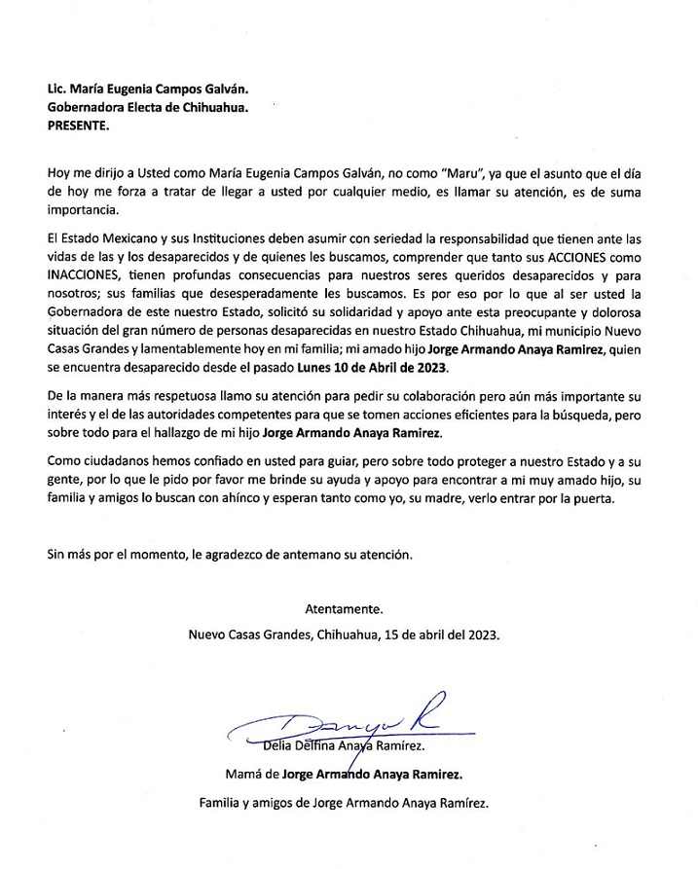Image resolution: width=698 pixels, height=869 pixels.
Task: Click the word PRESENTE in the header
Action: click(x=79, y=127)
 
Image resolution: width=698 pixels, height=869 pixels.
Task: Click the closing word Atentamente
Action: click(x=345, y=610)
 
